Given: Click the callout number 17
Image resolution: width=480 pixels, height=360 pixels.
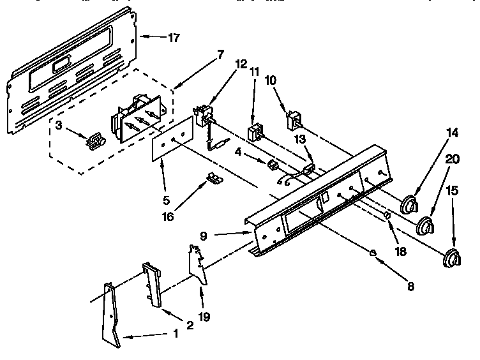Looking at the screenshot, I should pyautogui.click(x=174, y=38).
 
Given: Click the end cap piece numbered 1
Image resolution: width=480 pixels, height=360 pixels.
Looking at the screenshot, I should pyautogui.click(x=110, y=316).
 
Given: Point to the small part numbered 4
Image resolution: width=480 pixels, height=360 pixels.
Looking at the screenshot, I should pyautogui.click(x=273, y=165).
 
